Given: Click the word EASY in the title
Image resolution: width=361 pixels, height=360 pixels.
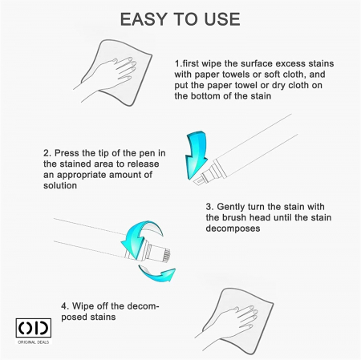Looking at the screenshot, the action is click(144, 19).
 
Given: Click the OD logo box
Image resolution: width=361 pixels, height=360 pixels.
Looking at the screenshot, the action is click(34, 328).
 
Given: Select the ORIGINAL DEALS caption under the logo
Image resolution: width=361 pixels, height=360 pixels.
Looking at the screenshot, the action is click(34, 342).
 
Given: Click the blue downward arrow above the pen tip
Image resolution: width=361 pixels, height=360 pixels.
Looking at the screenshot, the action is click(197, 155).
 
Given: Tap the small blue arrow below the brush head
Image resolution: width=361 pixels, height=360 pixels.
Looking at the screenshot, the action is click(158, 274).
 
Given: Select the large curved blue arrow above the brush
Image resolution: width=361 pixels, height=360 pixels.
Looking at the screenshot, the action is click(142, 231).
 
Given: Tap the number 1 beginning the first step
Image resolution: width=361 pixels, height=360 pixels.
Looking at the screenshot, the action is click(177, 63).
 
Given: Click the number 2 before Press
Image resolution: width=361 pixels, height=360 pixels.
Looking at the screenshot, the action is click(47, 153).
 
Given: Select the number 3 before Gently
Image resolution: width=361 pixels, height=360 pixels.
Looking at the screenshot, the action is click(209, 207).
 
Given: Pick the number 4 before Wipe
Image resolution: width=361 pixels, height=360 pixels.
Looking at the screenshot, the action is click(63, 306).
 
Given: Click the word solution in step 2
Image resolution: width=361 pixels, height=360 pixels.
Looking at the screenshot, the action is click(60, 185).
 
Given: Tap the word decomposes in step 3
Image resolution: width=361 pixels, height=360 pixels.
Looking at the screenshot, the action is click(233, 229).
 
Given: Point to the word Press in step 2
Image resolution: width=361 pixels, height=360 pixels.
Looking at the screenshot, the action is click(67, 153).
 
